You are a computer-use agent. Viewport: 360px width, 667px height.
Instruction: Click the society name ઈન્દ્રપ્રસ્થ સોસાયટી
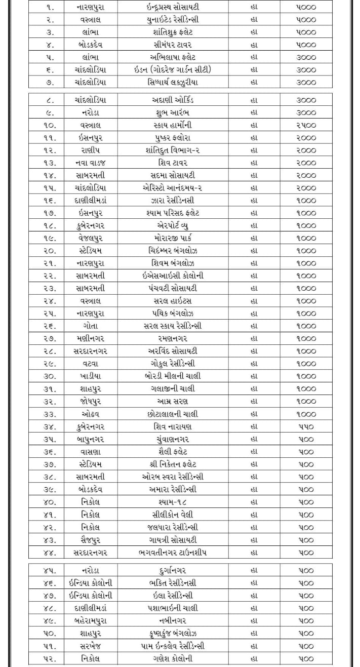tap(172, 8)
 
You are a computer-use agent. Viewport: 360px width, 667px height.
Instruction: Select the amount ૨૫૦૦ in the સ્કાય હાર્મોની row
tap(306, 125)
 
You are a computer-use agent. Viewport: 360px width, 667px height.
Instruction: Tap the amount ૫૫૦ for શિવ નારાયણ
tap(306, 426)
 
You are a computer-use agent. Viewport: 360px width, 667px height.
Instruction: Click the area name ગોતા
tap(90, 326)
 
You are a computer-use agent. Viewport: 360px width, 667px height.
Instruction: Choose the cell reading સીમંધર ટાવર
tap(172, 45)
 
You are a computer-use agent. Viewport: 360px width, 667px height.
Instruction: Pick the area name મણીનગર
tap(90, 338)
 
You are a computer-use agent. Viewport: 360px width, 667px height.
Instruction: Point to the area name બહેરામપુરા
tap(90, 620)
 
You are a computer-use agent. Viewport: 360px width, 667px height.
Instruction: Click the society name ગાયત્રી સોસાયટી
tap(172, 540)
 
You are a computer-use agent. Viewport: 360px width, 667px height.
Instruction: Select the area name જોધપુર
tap(90, 401)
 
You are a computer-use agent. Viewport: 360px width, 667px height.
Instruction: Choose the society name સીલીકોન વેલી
tap(172, 515)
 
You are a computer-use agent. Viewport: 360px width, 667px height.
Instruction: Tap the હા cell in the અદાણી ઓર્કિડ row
tap(254, 100)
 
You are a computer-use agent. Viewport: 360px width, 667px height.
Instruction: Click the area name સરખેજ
tap(90, 646)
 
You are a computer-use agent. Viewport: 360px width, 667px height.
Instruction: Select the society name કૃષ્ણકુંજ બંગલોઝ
tap(172, 633)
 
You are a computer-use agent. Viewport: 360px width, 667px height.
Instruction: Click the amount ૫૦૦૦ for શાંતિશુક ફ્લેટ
tap(306, 32)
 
